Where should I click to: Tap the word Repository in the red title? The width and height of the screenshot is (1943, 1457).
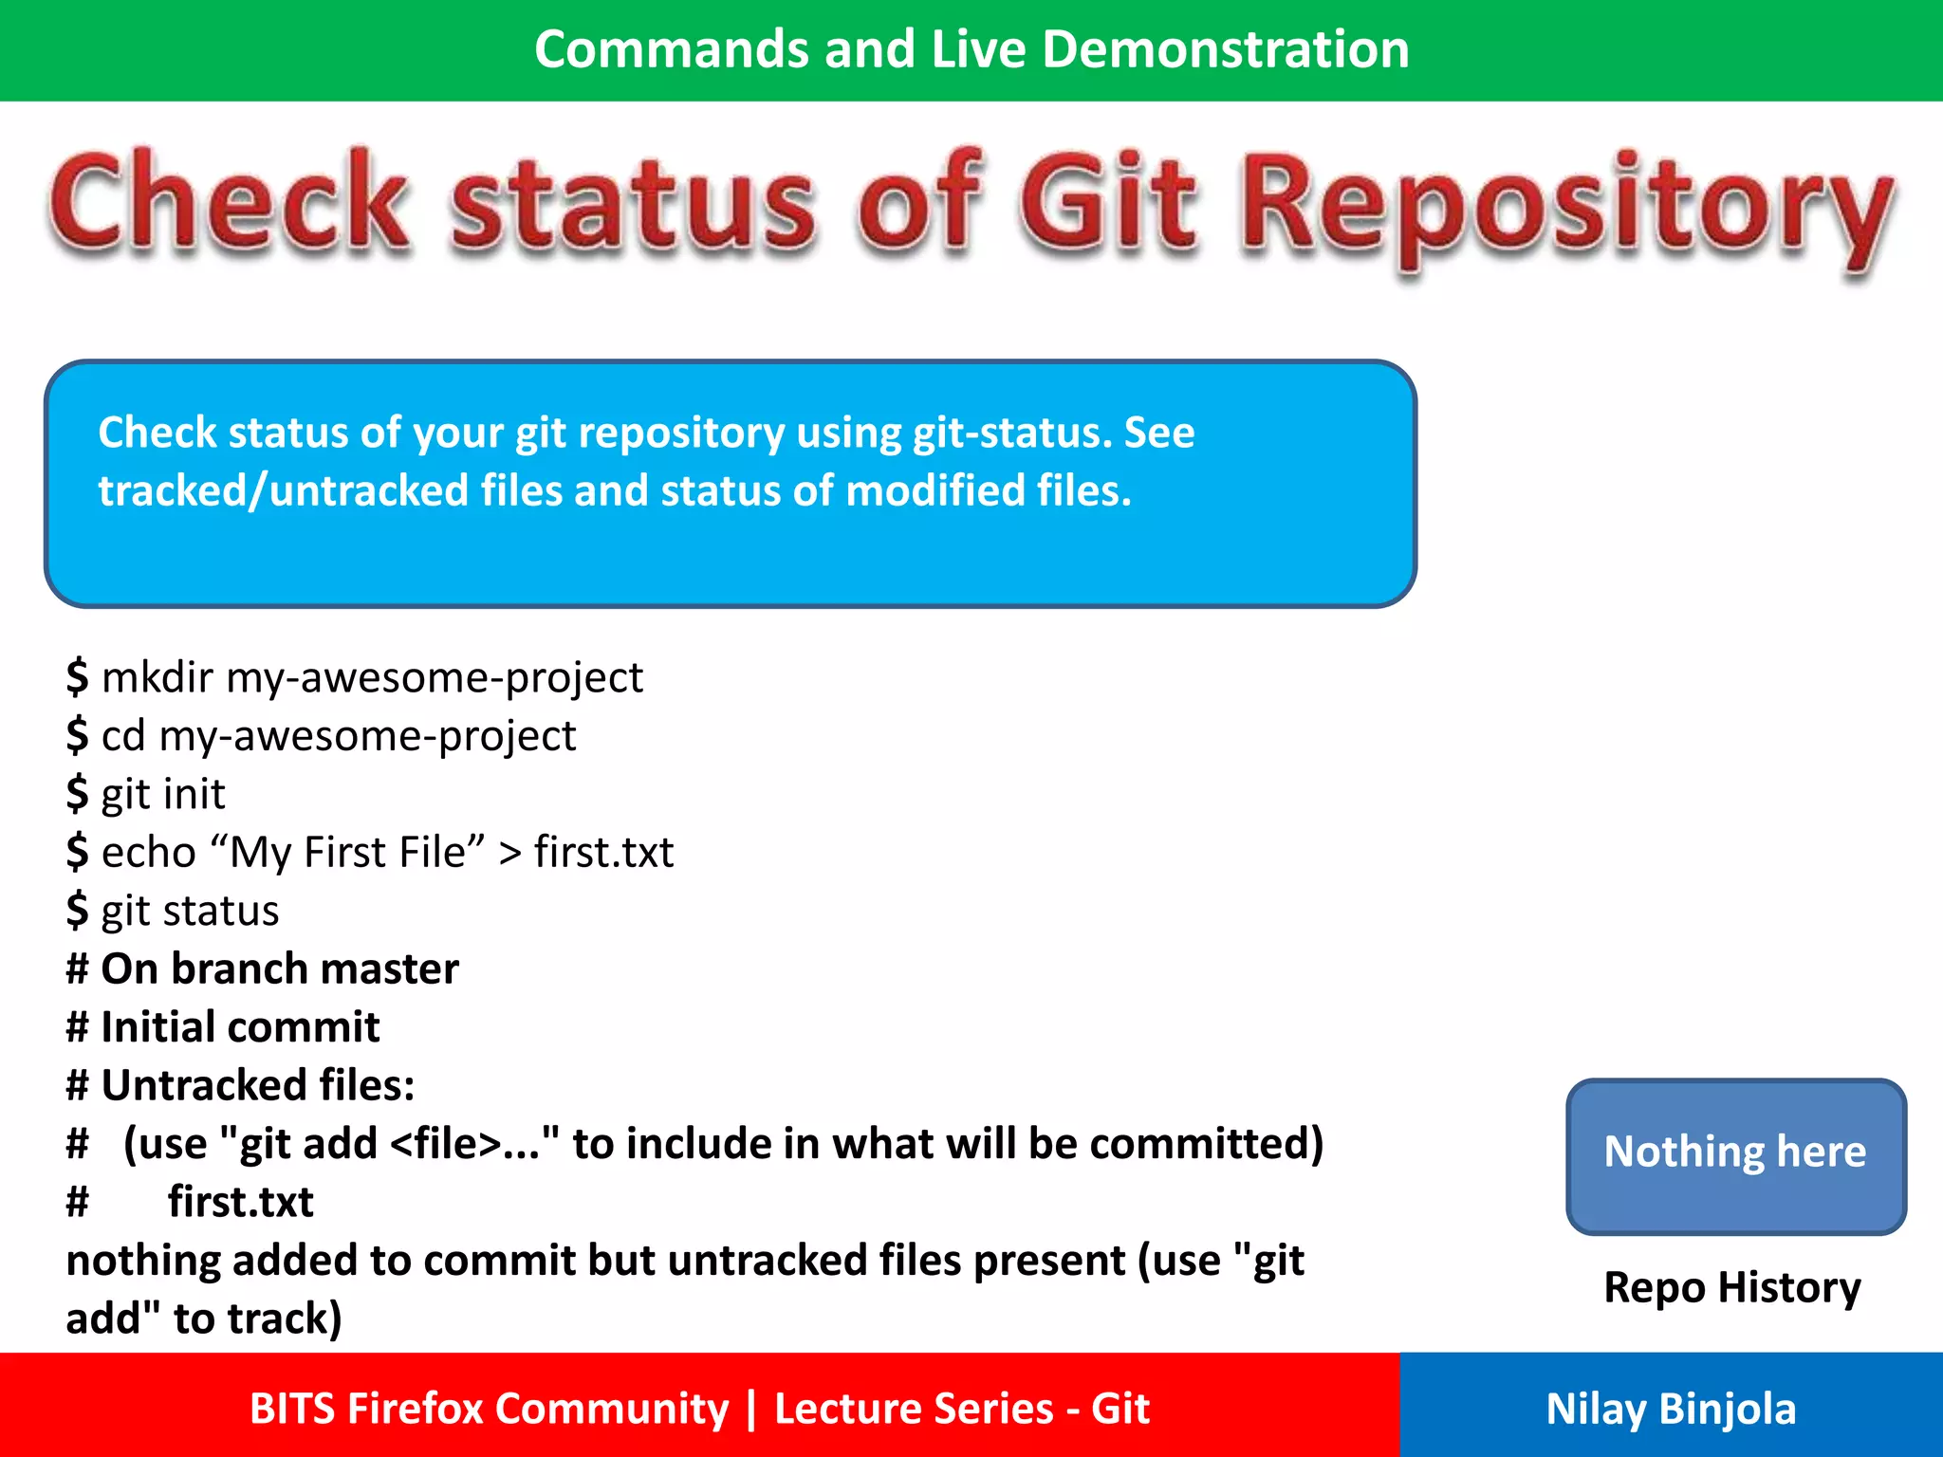pos(1565,209)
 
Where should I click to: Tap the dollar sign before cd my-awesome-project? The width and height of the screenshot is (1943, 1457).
pos(77,735)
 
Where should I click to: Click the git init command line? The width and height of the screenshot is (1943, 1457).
pos(162,794)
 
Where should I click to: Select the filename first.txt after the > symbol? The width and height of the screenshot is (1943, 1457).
pos(603,852)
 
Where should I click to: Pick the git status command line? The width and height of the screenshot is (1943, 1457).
pos(190,911)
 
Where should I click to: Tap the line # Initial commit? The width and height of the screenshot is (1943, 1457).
pos(224,1027)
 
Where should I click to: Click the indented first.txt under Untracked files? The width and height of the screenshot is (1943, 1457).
pos(240,1202)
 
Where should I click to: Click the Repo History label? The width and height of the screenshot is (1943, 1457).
pos(1732,1287)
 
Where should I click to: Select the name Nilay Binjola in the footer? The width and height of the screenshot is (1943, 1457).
pos(1671,1409)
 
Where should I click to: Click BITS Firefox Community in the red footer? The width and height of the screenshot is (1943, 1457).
pos(489,1409)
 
